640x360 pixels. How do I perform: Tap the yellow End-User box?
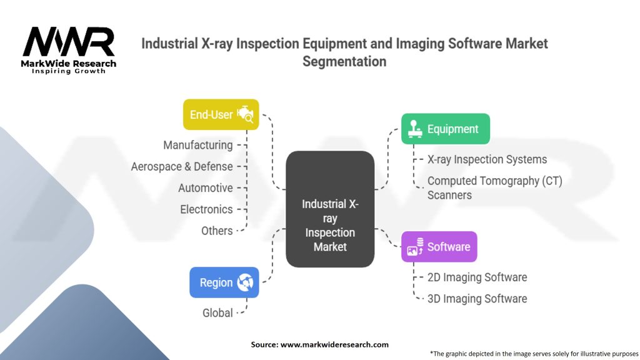pos(221,114)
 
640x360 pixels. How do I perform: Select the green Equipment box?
pos(445,129)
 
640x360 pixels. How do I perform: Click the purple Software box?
pos(439,246)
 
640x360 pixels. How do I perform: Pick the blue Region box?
pos(224,282)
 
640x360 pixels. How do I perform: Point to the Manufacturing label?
pos(197,145)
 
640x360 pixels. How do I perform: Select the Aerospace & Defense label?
pos(182,166)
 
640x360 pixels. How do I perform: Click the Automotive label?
pos(205,187)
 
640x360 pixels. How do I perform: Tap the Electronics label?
pos(206,209)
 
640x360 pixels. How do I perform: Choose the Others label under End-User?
pos(217,231)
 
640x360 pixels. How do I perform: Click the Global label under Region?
pos(217,312)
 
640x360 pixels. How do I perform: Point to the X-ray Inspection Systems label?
pos(487,159)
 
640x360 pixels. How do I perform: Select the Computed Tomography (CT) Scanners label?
pos(494,187)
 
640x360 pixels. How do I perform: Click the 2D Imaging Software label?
pos(477,277)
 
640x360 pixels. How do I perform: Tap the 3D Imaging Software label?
pos(477,298)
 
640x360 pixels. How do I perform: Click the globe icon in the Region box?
pos(244,282)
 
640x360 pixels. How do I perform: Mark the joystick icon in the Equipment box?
pos(414,129)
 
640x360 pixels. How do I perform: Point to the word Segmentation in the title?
pos(344,61)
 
